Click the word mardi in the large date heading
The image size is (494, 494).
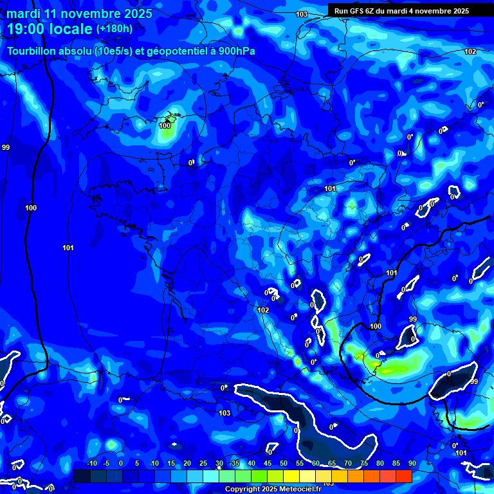[x=24, y=14]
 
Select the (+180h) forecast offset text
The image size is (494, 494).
[x=114, y=29]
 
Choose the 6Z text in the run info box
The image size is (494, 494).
[x=375, y=11]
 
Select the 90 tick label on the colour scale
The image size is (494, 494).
[x=412, y=463]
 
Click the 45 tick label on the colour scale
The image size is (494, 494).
[x=267, y=463]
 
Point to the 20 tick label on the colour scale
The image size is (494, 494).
[x=187, y=463]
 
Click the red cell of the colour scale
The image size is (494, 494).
[x=403, y=476]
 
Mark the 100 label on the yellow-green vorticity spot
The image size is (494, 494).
[x=165, y=125]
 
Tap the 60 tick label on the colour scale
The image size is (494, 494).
[x=315, y=463]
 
